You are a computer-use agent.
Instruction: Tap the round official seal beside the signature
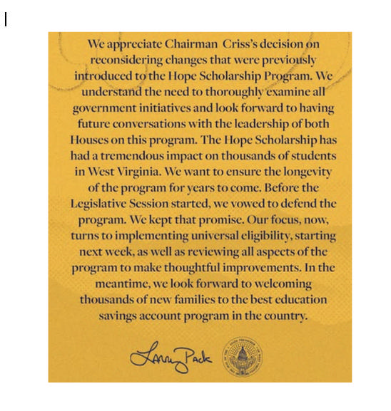[240, 357]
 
